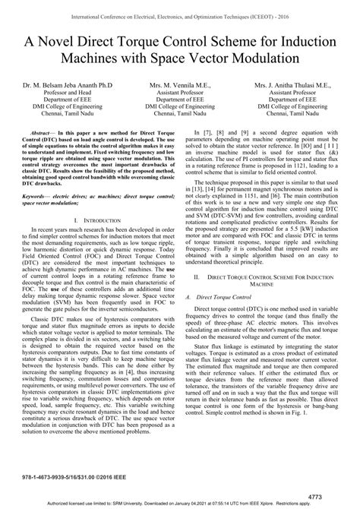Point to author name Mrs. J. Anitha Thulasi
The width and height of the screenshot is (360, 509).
[x=293, y=86]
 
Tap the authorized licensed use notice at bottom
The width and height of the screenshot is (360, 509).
[x=180, y=504]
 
